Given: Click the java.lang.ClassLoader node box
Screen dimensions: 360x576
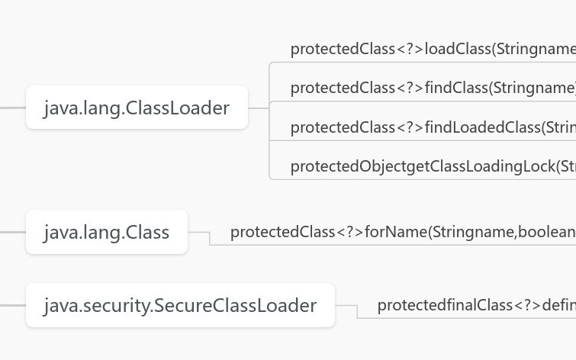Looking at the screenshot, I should [137, 108].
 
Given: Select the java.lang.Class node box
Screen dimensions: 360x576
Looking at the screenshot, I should [106, 232].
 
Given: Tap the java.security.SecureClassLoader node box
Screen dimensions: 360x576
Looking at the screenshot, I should [180, 305].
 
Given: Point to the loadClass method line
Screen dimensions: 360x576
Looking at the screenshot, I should [432, 49].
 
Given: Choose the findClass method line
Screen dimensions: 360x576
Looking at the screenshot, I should [432, 88].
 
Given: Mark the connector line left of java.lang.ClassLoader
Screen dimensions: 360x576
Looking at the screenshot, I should [12, 108].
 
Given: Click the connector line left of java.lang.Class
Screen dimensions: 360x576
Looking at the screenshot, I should [12, 232].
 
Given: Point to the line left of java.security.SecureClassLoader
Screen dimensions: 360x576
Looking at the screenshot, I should [12, 305].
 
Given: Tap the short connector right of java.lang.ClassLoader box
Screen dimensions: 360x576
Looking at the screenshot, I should [259, 108].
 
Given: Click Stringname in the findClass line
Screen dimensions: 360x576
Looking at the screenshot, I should [533, 88].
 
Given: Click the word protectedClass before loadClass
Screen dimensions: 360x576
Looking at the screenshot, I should [343, 49].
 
